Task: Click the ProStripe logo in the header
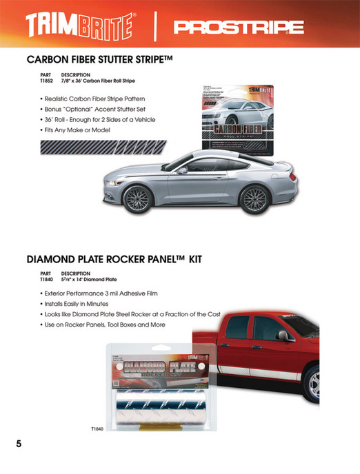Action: pos(239,28)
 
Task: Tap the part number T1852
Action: pos(47,80)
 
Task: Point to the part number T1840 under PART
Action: pos(47,279)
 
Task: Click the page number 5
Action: pos(19,443)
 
